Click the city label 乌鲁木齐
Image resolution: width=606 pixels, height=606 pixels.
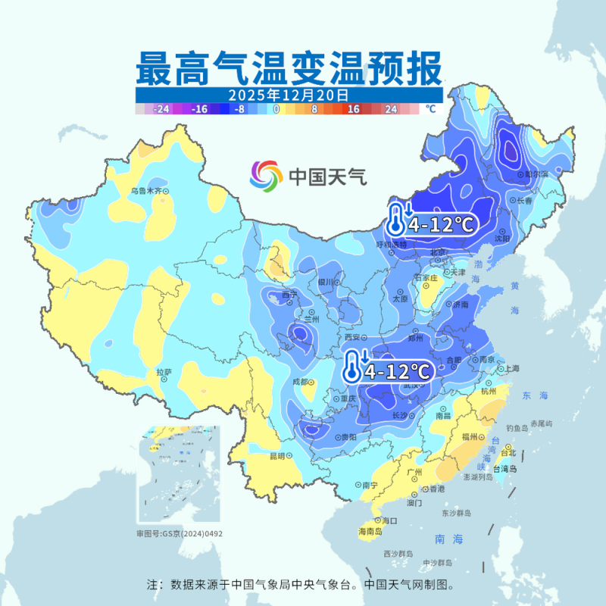pos(145,192)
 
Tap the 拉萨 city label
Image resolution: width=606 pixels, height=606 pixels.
pos(164,372)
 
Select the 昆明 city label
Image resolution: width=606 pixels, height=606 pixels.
pos(278,456)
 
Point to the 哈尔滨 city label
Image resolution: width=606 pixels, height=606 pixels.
pos(536,174)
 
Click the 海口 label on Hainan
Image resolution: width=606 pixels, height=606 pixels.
pos(389,520)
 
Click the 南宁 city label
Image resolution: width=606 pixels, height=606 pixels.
pos(370,485)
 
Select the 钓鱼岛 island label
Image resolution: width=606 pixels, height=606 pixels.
pos(519,428)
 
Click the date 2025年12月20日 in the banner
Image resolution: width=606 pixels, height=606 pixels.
pos(289,95)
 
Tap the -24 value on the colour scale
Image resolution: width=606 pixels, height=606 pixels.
pos(160,109)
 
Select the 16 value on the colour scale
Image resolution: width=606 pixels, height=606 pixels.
pos(353,109)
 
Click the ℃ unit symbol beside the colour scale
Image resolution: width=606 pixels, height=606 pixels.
pos(430,109)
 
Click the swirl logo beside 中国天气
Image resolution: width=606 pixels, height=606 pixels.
pos(266,176)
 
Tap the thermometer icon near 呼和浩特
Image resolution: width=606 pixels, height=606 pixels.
pos(396,220)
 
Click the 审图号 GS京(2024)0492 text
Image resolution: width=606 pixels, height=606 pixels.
pos(180,534)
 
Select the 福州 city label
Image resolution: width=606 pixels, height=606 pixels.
pos(469,437)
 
